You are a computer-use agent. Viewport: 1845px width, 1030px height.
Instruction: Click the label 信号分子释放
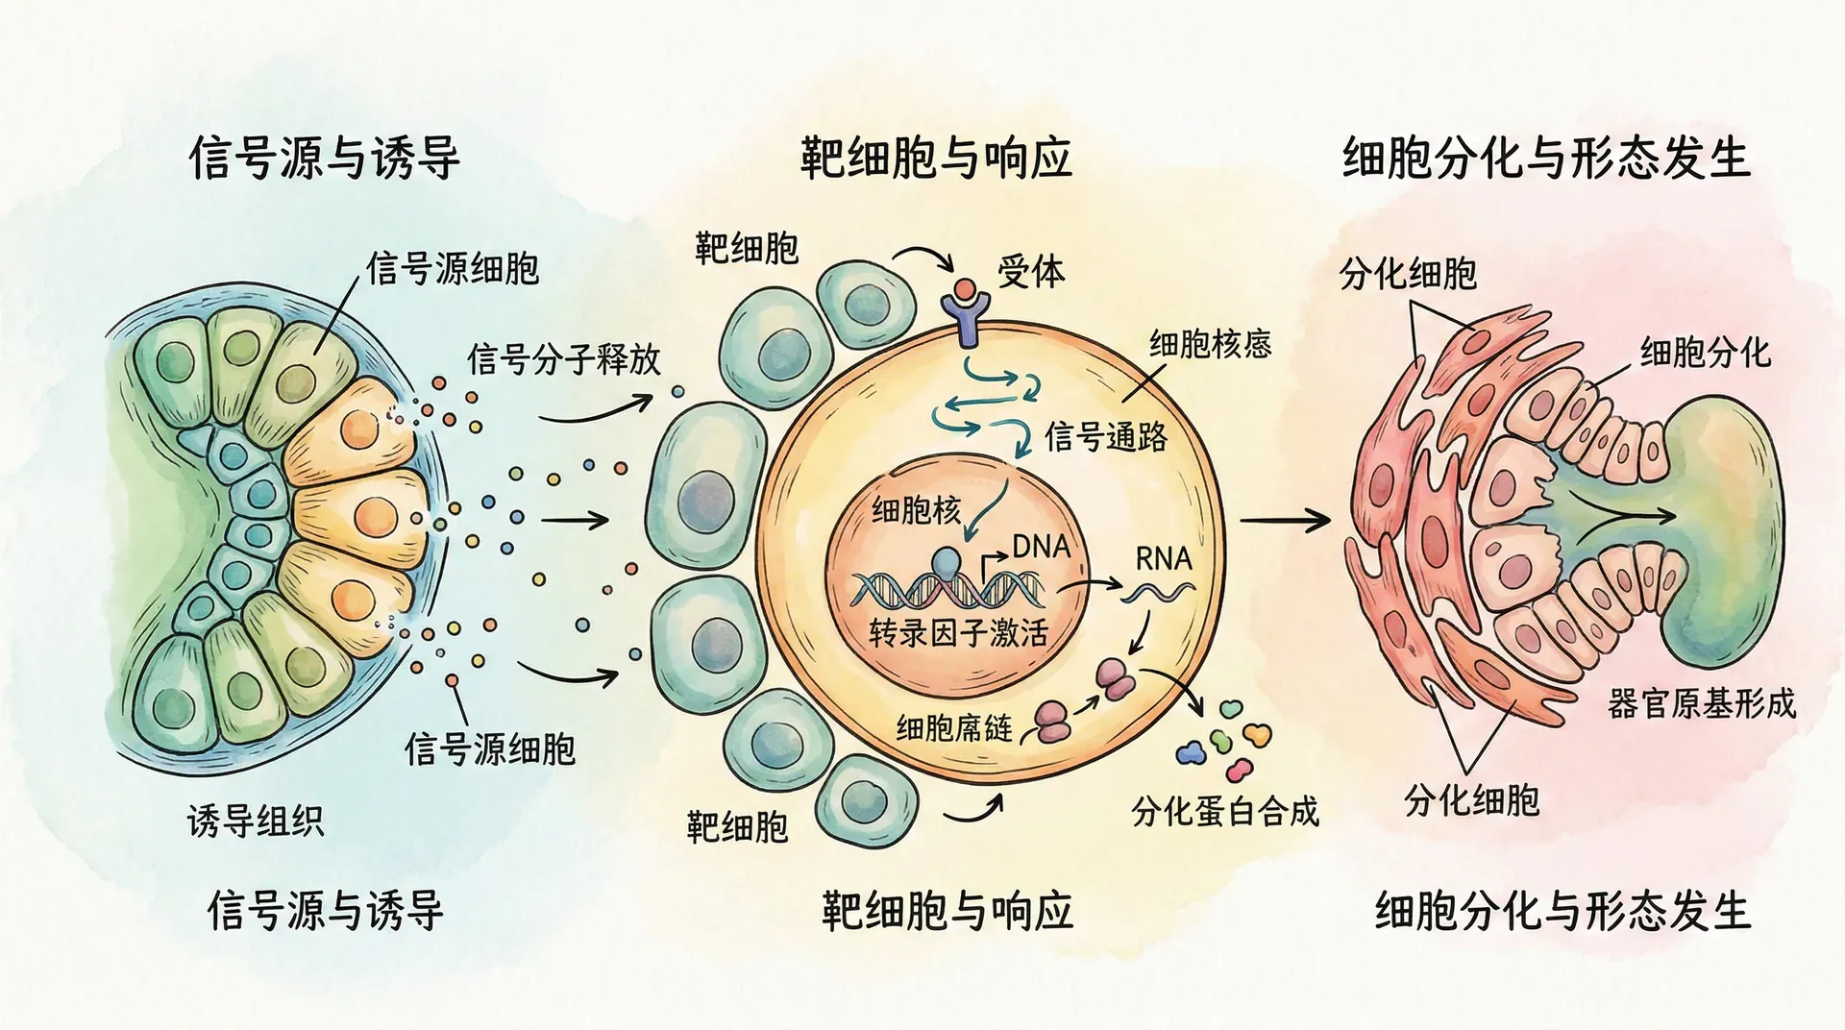(x=564, y=359)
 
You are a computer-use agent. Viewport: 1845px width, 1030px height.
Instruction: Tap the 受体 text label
(x=1031, y=272)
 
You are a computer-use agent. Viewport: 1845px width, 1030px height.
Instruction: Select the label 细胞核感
(x=1210, y=344)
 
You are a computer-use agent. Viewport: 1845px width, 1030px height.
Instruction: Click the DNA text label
(x=1041, y=547)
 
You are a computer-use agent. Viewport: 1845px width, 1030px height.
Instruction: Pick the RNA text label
(x=1163, y=558)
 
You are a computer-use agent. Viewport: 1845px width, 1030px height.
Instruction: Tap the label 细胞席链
(x=954, y=728)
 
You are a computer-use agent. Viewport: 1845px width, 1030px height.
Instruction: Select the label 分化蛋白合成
(x=1225, y=812)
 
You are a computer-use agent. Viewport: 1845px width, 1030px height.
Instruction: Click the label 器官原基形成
(x=1701, y=704)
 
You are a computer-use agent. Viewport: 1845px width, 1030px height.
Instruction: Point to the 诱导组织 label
(x=256, y=822)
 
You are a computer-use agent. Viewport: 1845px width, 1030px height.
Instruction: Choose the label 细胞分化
(x=1705, y=353)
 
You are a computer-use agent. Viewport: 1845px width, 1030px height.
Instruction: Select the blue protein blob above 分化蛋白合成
(x=1191, y=752)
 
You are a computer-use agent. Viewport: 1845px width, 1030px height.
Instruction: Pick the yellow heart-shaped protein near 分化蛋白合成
(x=1256, y=735)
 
